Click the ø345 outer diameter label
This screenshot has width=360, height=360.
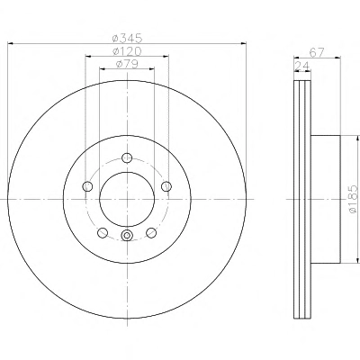pos(127,38)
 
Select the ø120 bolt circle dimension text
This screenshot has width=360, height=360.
pos(127,51)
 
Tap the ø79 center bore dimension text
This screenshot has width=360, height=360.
pos(127,64)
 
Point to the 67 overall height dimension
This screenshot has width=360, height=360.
pos(317,53)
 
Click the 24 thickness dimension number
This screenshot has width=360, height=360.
pos(302,66)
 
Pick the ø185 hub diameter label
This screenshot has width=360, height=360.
pos(354,199)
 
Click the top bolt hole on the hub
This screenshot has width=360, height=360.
pos(127,157)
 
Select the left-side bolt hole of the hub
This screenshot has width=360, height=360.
pos(87,186)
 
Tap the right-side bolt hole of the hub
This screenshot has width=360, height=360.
pos(166,186)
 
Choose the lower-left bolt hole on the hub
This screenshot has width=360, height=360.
pos(103,232)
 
